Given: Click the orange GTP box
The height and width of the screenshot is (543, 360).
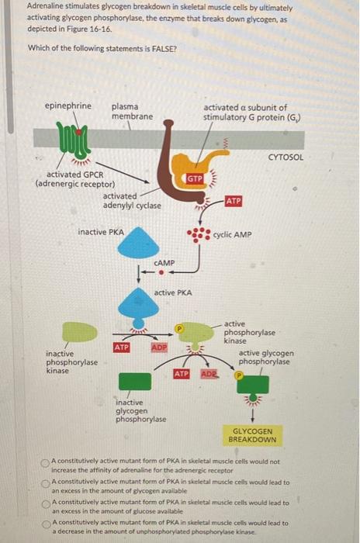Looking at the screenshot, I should coord(194,179).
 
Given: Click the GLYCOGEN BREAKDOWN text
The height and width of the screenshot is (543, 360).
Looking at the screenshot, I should coord(252,434).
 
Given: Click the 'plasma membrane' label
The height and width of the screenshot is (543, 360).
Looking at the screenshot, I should coord(132,111).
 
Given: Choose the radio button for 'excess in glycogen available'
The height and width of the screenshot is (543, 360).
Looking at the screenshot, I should coord(46,482).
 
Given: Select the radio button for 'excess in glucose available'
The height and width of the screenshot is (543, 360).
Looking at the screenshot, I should coord(46,503).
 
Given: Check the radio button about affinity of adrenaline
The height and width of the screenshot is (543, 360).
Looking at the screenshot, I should coord(46,462).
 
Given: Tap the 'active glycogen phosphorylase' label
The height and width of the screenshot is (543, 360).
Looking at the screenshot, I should coord(265,357).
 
